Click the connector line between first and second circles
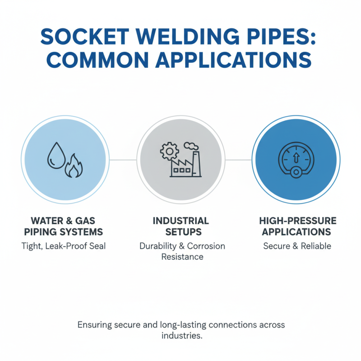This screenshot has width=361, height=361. (x=123, y=160)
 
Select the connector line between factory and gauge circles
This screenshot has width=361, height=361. (x=238, y=160)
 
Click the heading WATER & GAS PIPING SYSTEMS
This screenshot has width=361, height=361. (x=66, y=227)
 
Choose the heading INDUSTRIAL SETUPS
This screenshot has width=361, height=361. (x=180, y=227)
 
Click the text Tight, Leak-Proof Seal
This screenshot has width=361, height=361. (x=66, y=246)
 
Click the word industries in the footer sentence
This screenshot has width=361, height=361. (x=180, y=336)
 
